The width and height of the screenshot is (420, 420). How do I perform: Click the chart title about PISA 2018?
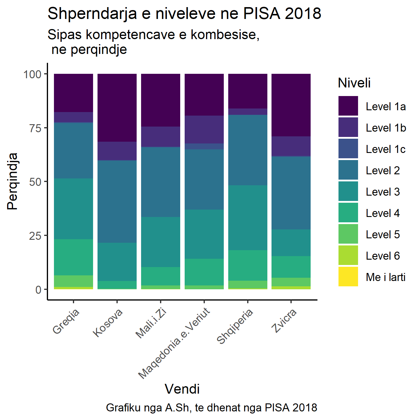(x=184, y=14)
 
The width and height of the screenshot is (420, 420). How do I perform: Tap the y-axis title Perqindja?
(x=12, y=181)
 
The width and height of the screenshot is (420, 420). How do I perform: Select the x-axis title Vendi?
(x=182, y=389)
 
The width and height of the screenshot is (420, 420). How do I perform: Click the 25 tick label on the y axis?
(x=35, y=236)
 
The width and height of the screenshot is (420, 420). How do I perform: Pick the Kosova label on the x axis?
(x=108, y=323)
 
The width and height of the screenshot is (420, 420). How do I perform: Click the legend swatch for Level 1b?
(x=348, y=128)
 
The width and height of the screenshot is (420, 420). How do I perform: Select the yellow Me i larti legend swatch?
(x=348, y=277)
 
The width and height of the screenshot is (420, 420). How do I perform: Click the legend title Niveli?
(x=354, y=83)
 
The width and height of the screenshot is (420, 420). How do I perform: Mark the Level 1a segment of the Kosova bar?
(x=117, y=108)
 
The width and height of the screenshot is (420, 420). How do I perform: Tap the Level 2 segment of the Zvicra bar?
(x=291, y=193)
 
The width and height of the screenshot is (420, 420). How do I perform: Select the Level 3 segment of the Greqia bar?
(x=74, y=209)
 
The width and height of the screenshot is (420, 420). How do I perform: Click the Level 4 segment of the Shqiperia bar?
(x=248, y=265)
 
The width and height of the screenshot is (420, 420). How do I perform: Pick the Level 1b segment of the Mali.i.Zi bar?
(x=161, y=137)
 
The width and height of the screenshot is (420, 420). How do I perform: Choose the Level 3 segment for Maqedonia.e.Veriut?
(x=204, y=234)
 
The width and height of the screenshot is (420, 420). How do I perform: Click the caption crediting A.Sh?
(x=211, y=408)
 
